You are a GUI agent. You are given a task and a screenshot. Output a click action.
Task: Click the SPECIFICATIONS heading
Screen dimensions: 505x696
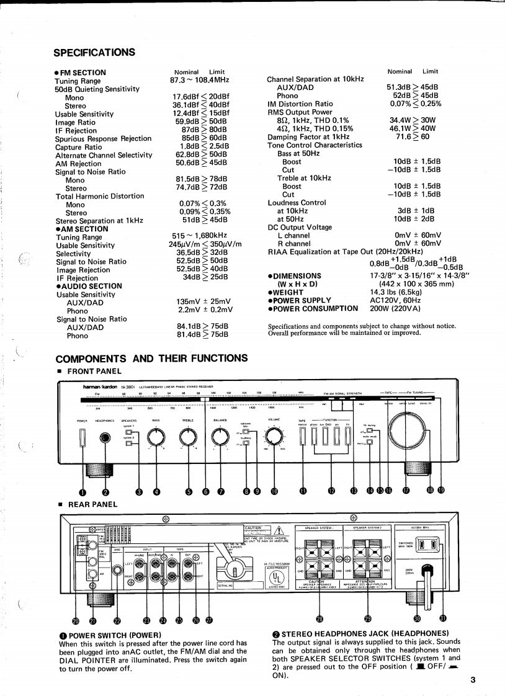tap(94, 51)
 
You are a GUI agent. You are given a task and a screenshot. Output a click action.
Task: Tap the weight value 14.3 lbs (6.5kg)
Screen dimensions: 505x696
tap(396, 292)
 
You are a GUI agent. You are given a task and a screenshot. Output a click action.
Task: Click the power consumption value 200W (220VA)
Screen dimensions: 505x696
tap(396, 308)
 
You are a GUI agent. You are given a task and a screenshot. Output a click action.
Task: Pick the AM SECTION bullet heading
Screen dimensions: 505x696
tap(82, 229)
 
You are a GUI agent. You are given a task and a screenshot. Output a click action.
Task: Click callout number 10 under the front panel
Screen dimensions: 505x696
tap(274, 492)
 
